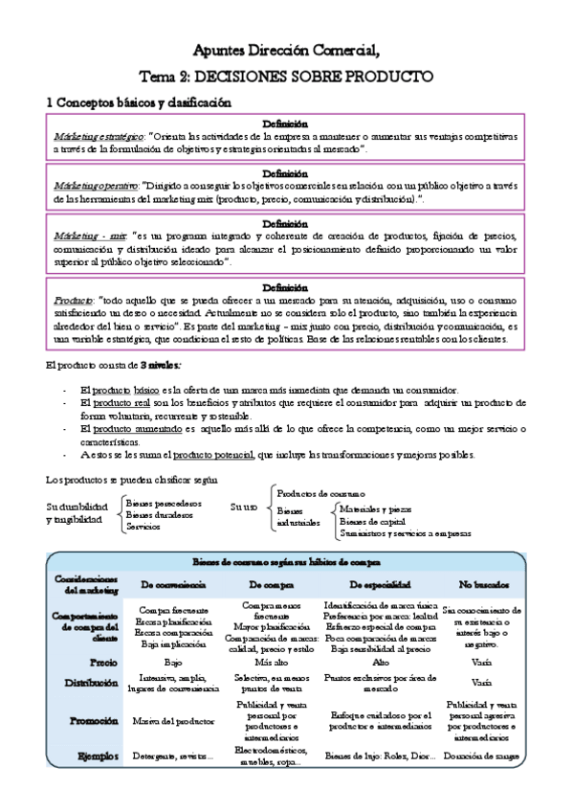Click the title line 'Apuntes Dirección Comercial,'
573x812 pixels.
coord(285,49)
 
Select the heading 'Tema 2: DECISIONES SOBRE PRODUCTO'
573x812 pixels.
coord(285,76)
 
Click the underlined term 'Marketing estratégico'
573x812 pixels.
coord(99,136)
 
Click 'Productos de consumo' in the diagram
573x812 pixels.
coord(326,491)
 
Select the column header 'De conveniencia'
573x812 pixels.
coord(174,583)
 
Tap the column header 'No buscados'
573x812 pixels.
coord(483,583)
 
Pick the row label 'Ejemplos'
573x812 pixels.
coord(100,756)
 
